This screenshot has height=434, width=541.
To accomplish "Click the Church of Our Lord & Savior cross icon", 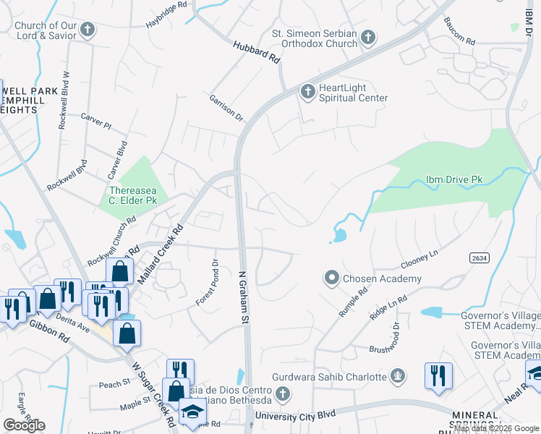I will pos(88,30).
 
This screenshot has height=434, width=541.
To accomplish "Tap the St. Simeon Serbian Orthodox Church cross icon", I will pos(367,37).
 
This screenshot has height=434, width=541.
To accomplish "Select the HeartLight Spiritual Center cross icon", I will pos(307,91).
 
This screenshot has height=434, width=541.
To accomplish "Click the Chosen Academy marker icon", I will pos(332,278).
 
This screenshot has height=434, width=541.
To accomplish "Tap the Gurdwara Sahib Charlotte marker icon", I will pos(396,376).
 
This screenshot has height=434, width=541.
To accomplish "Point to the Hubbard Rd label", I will pos(257,51).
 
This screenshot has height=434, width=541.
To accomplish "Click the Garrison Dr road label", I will pos(226,107).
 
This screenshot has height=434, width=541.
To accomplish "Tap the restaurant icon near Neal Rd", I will pos(438,375).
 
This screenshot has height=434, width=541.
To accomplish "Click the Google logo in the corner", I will pos(24,425).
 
